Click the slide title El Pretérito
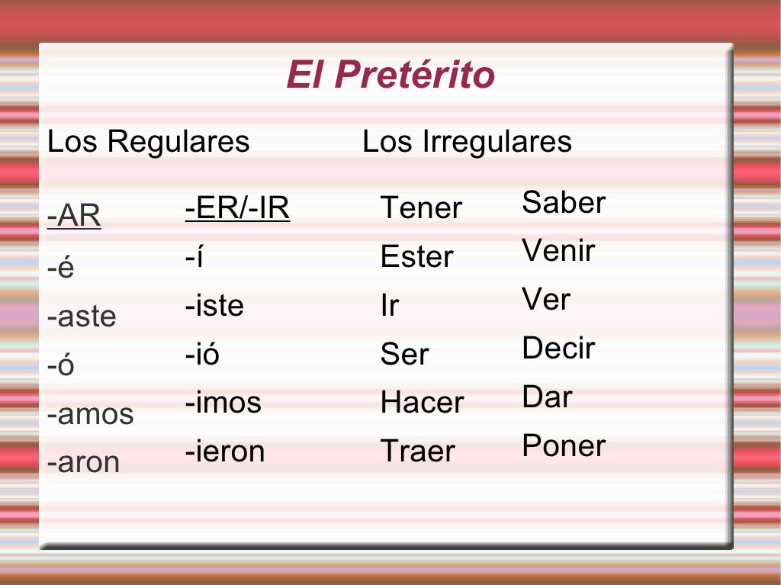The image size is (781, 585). pyautogui.click(x=390, y=76)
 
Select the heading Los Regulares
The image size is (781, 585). pyautogui.click(x=149, y=142)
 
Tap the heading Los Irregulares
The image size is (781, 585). pyautogui.click(x=467, y=142)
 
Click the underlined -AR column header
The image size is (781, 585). pyautogui.click(x=74, y=217)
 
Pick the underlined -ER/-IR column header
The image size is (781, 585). pyautogui.click(x=237, y=208)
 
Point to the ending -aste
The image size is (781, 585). pyautogui.click(x=82, y=317)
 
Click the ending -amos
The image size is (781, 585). pyautogui.click(x=90, y=414)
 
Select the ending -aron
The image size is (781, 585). pyautogui.click(x=83, y=462)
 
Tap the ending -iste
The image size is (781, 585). pyautogui.click(x=214, y=306)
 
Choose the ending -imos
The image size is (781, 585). pyautogui.click(x=223, y=403)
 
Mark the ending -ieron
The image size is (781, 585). pyautogui.click(x=225, y=452)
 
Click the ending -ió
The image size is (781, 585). pyautogui.click(x=202, y=355)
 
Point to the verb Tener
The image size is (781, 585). pyautogui.click(x=421, y=208)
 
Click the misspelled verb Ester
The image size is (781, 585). pyautogui.click(x=416, y=257)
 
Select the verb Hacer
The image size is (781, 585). pyautogui.click(x=422, y=403)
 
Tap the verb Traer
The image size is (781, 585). pyautogui.click(x=417, y=452)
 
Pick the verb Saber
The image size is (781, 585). pyautogui.click(x=564, y=203)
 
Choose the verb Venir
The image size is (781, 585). pyautogui.click(x=558, y=251)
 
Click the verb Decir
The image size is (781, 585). pyautogui.click(x=558, y=349)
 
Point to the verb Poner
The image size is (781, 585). pyautogui.click(x=564, y=446)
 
